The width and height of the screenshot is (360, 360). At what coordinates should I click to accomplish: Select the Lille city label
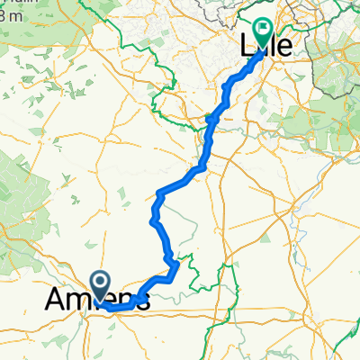(267, 45)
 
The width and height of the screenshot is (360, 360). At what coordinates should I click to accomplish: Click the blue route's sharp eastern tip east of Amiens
(180, 264)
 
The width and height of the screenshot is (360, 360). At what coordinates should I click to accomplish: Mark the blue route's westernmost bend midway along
(150, 219)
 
